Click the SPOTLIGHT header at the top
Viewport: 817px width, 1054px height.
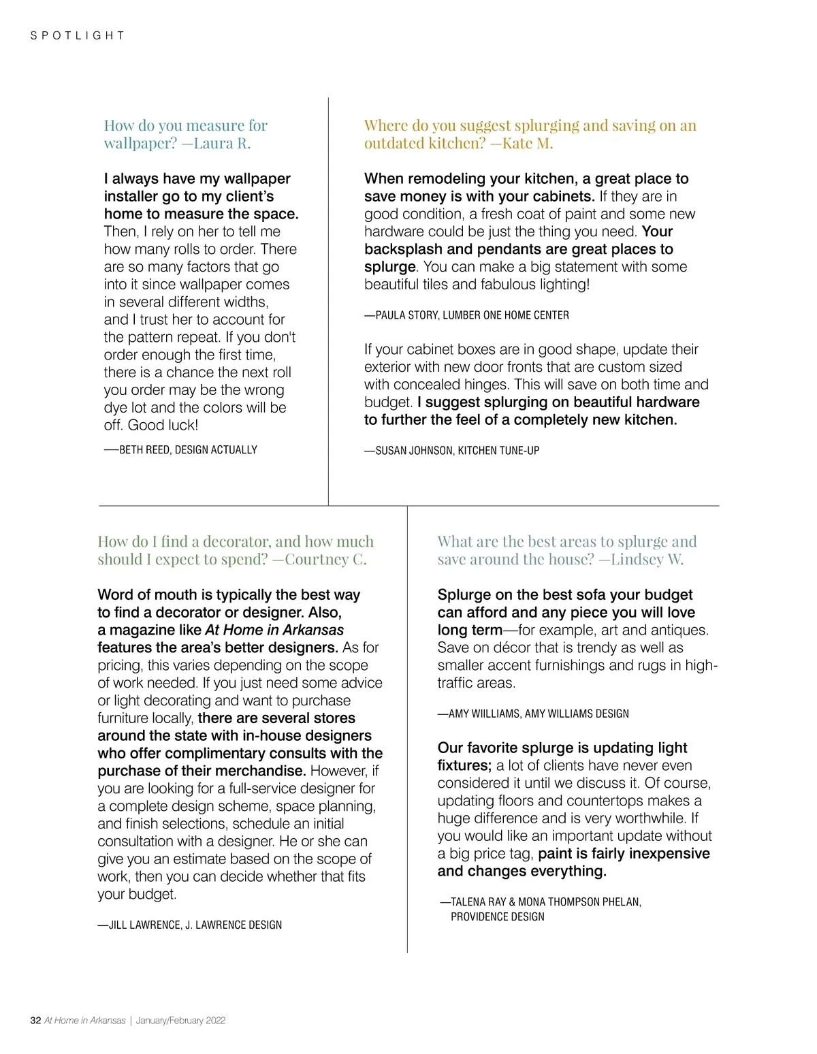[78, 35]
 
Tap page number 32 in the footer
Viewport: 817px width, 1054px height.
[35, 1020]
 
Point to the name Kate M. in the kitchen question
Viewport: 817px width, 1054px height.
[527, 144]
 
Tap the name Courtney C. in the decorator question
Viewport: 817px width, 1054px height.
[325, 560]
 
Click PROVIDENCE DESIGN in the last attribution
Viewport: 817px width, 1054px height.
[497, 916]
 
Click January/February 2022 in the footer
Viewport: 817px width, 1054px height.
[180, 1020]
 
